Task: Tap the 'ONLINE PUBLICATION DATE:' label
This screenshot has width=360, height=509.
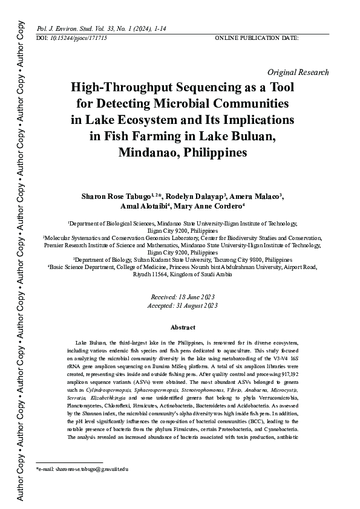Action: (257, 38)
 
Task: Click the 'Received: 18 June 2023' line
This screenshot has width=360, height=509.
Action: (182, 298)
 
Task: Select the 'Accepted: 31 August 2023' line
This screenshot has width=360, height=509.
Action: (182, 306)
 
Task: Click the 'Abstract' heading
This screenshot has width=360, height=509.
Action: (182, 327)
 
